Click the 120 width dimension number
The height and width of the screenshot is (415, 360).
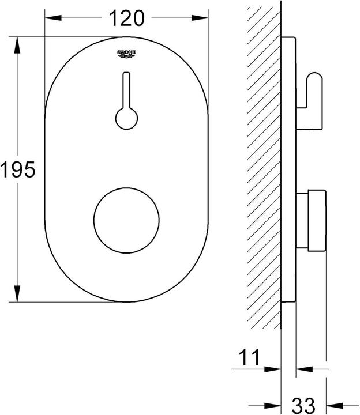click(126, 18)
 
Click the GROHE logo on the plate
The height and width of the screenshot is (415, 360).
click(127, 54)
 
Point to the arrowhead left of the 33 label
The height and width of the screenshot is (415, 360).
click(275, 404)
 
